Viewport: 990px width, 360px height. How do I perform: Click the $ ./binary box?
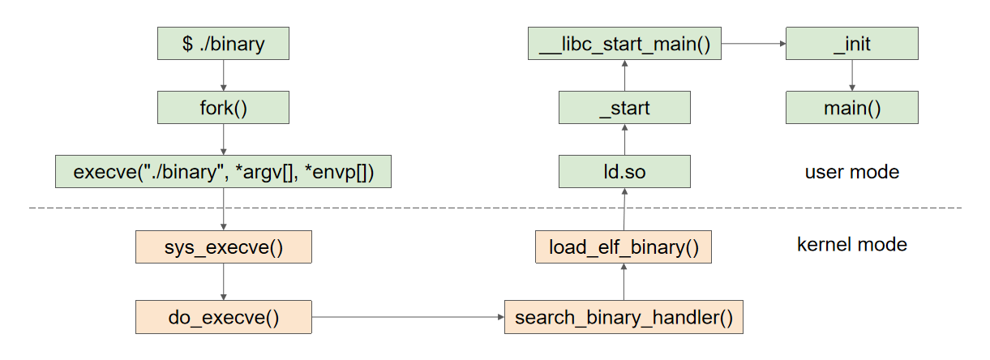[223, 43]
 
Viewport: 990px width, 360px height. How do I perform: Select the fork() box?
[223, 107]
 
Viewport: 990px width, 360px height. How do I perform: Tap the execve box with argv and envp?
[223, 172]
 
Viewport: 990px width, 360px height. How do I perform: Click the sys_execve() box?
[223, 246]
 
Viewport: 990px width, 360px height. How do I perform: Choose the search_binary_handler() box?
[624, 317]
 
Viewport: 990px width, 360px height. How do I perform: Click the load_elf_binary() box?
[624, 246]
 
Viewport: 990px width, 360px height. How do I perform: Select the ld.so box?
[624, 172]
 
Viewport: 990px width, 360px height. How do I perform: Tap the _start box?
[624, 107]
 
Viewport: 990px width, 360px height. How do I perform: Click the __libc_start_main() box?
[624, 43]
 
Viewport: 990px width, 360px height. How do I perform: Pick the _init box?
[851, 43]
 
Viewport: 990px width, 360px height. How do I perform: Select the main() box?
[851, 107]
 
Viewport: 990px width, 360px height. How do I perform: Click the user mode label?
[851, 172]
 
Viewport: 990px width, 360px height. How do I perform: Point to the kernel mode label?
[852, 244]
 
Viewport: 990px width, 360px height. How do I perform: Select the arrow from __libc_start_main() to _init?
[753, 43]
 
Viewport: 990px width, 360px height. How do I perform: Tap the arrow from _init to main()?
[851, 75]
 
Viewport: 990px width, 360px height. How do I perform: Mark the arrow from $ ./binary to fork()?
[223, 75]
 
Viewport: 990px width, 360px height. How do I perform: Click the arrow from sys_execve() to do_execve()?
[223, 281]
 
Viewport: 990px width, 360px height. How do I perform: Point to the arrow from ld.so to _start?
[624, 139]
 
